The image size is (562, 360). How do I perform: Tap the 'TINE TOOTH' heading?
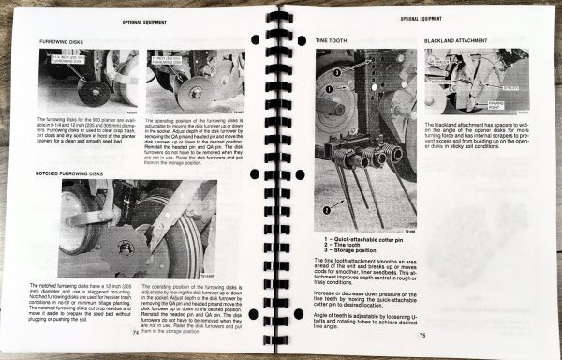coord(334,42)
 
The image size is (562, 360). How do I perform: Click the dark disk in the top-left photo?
coord(92,92)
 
